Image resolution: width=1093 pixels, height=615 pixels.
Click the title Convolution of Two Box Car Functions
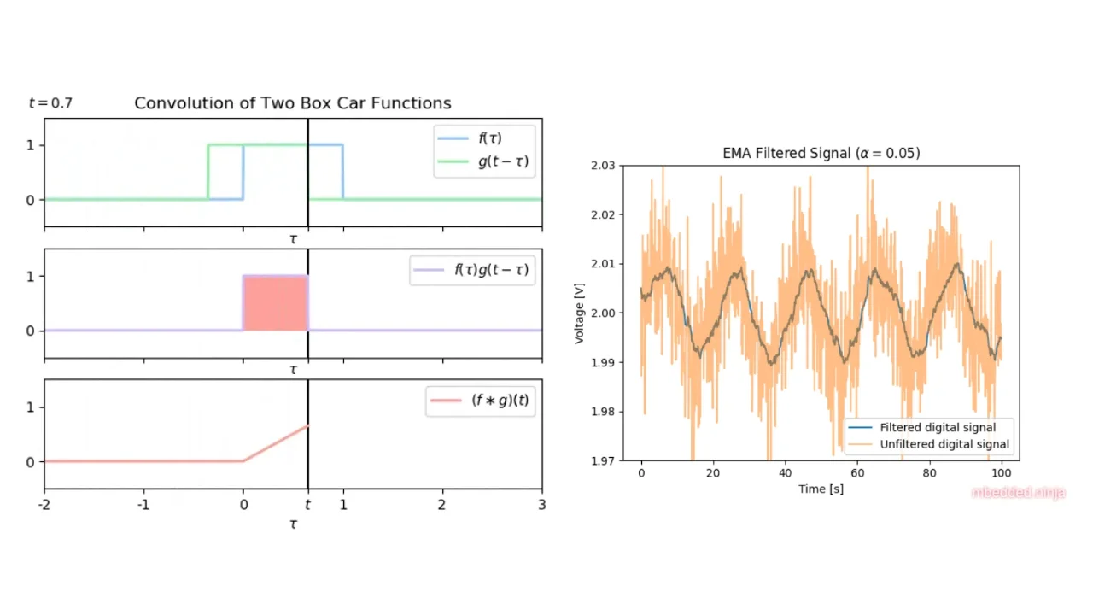click(x=293, y=103)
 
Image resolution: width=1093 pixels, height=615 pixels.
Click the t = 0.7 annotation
click(x=50, y=103)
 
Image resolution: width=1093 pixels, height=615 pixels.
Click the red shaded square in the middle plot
click(x=275, y=303)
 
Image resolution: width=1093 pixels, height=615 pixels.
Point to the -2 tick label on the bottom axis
click(x=44, y=505)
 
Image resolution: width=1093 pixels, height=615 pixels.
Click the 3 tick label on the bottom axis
click(x=541, y=505)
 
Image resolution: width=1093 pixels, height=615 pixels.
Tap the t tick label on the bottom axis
click(x=308, y=505)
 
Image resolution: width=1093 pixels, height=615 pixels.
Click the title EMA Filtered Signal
click(x=821, y=153)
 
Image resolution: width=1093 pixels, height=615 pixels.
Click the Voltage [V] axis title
click(x=580, y=312)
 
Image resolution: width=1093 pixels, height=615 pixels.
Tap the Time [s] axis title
click(x=821, y=489)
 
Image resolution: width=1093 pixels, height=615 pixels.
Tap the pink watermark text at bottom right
click(x=1019, y=493)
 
